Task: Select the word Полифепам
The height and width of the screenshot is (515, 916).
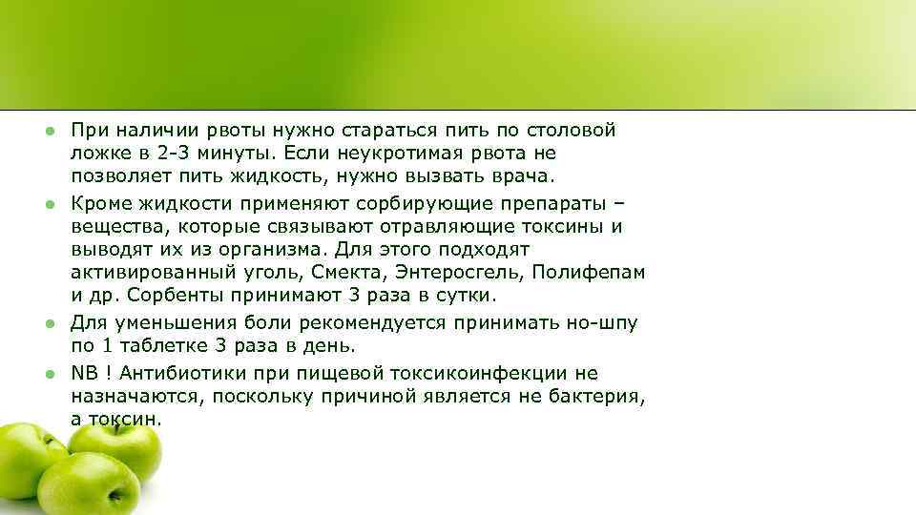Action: (589, 273)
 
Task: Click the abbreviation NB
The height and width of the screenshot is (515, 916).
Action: (85, 373)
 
